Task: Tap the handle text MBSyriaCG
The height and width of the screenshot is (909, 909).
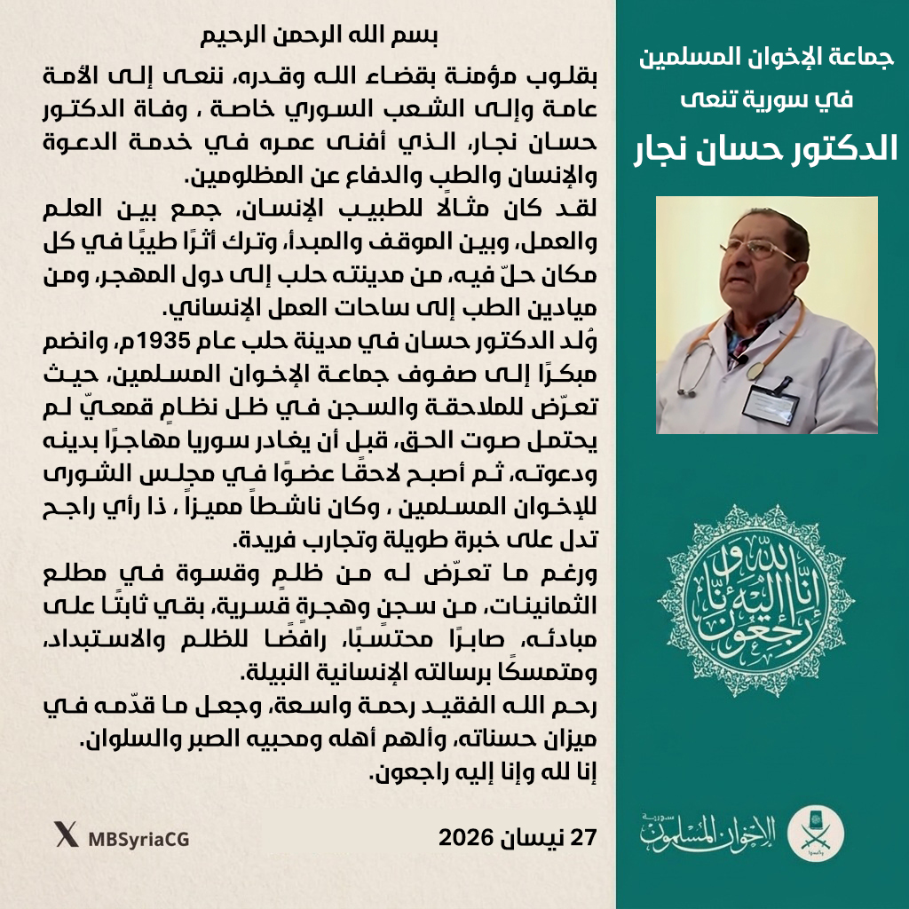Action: [x=138, y=838]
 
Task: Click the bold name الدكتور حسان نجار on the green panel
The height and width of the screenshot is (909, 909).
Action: [x=763, y=147]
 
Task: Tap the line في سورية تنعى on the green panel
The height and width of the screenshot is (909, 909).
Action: [x=763, y=99]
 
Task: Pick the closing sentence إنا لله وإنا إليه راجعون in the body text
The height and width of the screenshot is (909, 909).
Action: [x=478, y=772]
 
